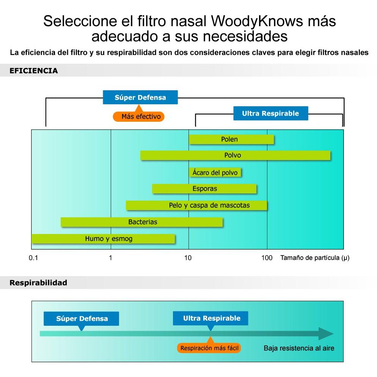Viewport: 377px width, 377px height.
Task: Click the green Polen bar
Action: [x=231, y=140]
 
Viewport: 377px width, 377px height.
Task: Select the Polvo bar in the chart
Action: [x=236, y=156]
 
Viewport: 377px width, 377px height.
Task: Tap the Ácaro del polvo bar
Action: [x=215, y=173]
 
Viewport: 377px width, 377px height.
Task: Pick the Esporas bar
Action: [x=204, y=189]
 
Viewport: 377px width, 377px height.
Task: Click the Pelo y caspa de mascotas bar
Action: [x=196, y=205]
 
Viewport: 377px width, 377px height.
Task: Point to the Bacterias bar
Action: [x=142, y=222]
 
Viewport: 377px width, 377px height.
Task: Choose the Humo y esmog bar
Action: [x=104, y=239]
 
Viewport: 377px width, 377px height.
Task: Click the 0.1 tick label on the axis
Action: [x=33, y=258]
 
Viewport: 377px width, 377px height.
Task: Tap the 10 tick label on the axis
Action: [x=188, y=258]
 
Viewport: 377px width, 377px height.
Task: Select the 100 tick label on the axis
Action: [x=267, y=258]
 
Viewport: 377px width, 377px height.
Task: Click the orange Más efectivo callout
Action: [x=139, y=116]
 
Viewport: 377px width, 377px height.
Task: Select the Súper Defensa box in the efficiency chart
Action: [x=140, y=97]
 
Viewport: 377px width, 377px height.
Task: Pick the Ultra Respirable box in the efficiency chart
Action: [x=271, y=113]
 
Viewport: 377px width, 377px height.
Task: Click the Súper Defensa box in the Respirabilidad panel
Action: [x=82, y=319]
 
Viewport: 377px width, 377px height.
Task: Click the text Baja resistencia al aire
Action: [x=299, y=348]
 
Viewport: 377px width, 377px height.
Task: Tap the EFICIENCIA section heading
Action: [x=34, y=71]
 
